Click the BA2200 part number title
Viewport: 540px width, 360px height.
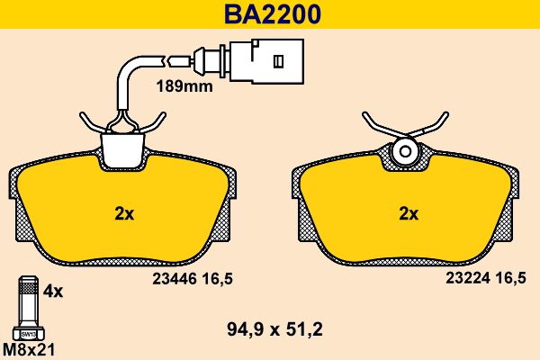273,13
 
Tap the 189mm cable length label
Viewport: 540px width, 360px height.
184,86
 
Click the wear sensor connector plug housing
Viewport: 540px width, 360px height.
267,61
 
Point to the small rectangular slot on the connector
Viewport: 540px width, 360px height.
278,61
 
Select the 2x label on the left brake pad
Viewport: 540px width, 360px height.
124,214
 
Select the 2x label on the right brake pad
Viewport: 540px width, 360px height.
409,214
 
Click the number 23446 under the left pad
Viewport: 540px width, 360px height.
175,279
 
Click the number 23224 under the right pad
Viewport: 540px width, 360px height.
468,278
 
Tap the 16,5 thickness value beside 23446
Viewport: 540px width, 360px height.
217,279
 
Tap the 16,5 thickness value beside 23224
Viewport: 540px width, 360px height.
510,278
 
